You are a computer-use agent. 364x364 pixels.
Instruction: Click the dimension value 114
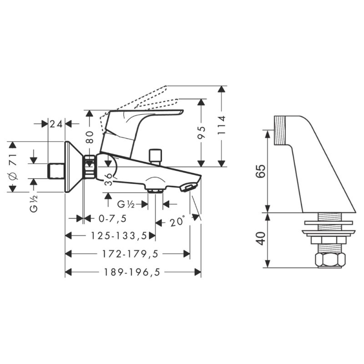(x=222, y=124)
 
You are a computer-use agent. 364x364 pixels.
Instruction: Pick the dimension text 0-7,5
(x=112, y=218)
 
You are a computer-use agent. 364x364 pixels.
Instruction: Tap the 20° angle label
(x=178, y=222)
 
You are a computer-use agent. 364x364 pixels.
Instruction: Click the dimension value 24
(x=56, y=123)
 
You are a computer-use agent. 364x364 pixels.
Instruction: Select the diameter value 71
(x=13, y=160)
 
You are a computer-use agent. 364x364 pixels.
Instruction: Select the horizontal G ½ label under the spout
(x=126, y=204)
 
